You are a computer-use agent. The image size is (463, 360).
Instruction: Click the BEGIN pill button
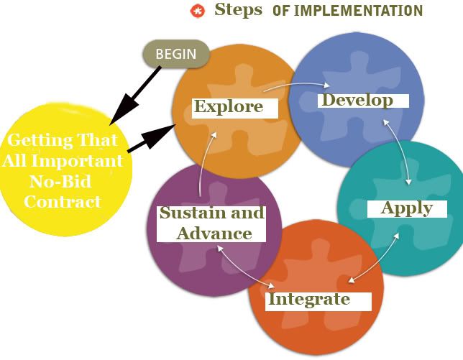(x=176, y=54)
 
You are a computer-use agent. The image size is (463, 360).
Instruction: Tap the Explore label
(x=229, y=106)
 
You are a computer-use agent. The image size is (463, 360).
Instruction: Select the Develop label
(x=357, y=101)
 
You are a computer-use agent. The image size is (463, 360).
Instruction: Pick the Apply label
(x=407, y=208)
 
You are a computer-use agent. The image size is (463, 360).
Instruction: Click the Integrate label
(x=309, y=299)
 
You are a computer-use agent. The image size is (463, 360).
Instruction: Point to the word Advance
(x=214, y=234)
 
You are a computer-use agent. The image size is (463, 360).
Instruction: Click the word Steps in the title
(x=238, y=9)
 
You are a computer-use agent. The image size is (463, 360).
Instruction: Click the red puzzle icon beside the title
(x=197, y=11)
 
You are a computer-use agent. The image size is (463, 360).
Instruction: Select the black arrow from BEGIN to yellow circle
(x=136, y=96)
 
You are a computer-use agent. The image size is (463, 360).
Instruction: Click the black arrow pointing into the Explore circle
(x=151, y=139)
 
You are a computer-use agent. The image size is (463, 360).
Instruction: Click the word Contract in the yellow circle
(x=63, y=202)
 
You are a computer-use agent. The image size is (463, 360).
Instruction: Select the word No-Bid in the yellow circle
(x=60, y=181)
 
